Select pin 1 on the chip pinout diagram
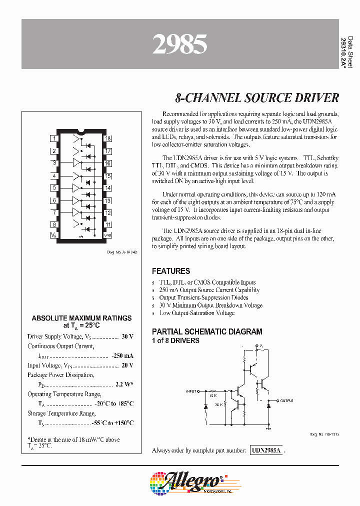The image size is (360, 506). [54, 138]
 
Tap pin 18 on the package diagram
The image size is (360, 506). [107, 138]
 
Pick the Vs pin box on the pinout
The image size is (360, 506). [54, 235]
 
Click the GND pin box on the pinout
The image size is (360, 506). [107, 235]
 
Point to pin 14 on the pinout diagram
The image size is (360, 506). [107, 188]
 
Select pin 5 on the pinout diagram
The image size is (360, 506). [54, 188]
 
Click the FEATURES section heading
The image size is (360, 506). [171, 271]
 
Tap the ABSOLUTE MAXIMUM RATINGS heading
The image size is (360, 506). [81, 318]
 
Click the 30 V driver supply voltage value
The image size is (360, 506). [127, 336]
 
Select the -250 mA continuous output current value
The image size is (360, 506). [122, 355]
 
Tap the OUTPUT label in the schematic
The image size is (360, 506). [286, 401]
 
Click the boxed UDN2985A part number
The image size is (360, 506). [267, 450]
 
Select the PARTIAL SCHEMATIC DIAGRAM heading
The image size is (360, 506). [206, 331]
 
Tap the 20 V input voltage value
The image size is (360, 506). [127, 365]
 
